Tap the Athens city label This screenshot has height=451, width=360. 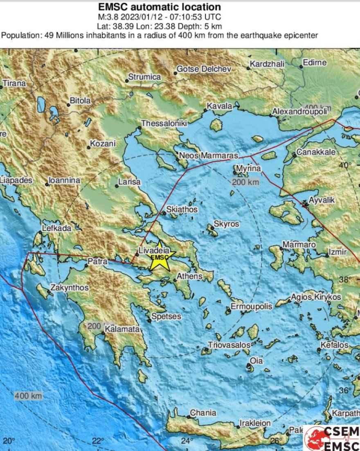(x=189, y=277)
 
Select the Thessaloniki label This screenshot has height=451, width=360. (x=164, y=123)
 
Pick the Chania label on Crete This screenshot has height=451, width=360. (x=203, y=413)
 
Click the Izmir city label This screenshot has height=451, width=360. (x=339, y=252)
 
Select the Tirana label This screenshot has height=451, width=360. (x=14, y=83)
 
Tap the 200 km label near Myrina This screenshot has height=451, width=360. (x=245, y=182)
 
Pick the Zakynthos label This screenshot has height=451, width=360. (x=69, y=288)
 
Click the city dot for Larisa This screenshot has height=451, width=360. (x=117, y=186)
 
